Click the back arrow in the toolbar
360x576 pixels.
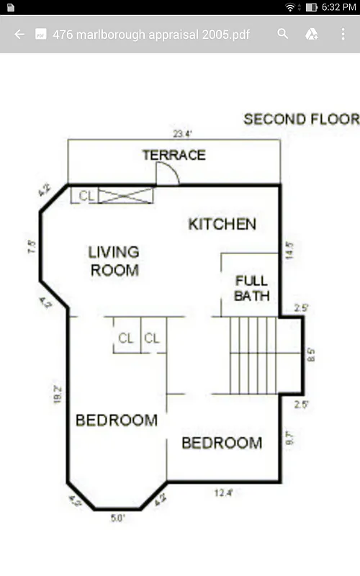tap(19, 34)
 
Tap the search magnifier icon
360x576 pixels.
tap(283, 34)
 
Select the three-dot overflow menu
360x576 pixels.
tap(343, 34)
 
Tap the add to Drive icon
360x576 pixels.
tap(312, 34)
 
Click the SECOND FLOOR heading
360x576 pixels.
tap(301, 120)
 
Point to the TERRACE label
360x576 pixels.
tap(174, 155)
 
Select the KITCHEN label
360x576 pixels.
tap(222, 224)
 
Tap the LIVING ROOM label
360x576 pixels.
tap(114, 261)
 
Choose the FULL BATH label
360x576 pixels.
tap(251, 288)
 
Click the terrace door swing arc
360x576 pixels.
tap(168, 173)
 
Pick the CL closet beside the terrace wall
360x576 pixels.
tap(86, 195)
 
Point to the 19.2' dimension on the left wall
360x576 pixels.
tap(58, 395)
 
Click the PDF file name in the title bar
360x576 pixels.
tap(151, 34)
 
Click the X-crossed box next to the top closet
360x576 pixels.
tap(126, 195)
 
